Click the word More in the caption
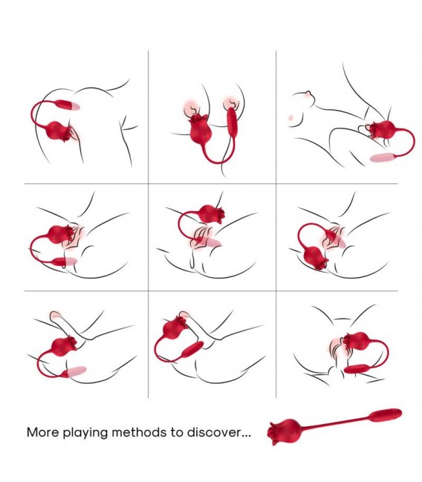42,432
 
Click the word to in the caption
177,432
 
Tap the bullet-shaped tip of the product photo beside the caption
386,414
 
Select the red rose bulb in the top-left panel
58,131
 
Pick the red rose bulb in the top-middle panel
200,129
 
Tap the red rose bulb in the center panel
211,214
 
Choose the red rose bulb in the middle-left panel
61,234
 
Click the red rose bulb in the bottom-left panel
64,346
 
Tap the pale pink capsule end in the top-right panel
382,157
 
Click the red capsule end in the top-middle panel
231,123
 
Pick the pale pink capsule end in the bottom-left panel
77,371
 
